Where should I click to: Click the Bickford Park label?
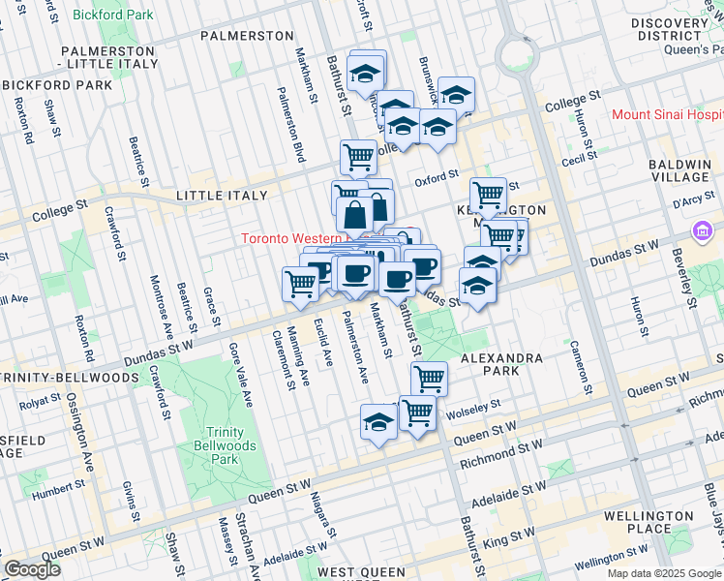[x=112, y=15]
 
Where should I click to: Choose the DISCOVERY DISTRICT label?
[x=671, y=29]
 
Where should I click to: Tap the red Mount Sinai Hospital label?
[x=667, y=114]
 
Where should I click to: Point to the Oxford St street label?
[x=437, y=177]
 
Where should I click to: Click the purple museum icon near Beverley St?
[x=700, y=231]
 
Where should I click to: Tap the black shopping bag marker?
[x=355, y=213]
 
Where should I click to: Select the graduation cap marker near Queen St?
[x=378, y=422]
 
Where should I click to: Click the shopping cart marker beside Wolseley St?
[x=417, y=412]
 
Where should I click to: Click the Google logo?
[x=32, y=569]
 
